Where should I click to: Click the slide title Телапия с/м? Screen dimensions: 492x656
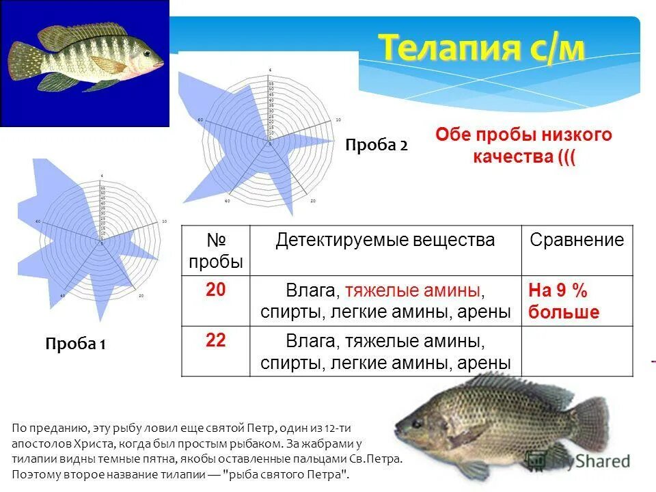click(482, 49)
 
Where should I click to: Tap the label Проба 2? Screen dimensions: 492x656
click(376, 146)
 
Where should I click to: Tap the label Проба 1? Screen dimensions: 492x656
click(75, 344)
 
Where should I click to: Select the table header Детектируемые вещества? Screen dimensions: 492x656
click(385, 241)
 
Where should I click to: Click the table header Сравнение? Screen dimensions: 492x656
click(577, 241)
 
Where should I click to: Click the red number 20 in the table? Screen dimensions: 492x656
click(215, 290)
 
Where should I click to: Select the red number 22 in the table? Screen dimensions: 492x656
click(215, 340)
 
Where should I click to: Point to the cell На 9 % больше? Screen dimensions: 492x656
click(563, 301)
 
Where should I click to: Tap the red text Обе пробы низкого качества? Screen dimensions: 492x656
click(524, 145)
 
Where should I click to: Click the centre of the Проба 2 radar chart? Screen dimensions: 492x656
click(269, 144)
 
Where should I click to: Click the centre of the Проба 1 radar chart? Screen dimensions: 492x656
click(102, 242)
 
